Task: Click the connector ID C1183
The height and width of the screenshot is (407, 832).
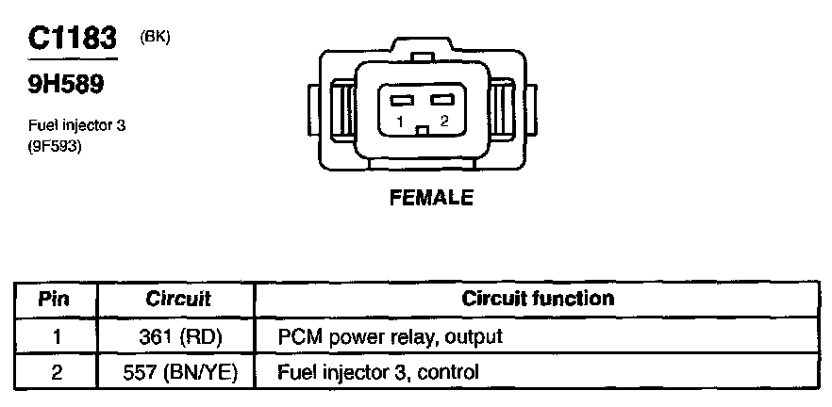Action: [x=72, y=41]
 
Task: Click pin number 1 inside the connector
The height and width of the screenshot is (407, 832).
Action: [x=401, y=122]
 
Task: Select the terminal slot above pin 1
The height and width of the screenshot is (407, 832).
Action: [x=403, y=100]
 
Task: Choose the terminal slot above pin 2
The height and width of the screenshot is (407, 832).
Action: [x=441, y=100]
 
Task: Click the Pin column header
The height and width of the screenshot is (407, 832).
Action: [x=56, y=300]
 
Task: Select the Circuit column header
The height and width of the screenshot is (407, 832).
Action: [x=177, y=300]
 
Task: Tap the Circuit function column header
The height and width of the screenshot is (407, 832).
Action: [x=538, y=300]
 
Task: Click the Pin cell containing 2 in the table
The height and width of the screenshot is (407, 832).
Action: [x=56, y=372]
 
